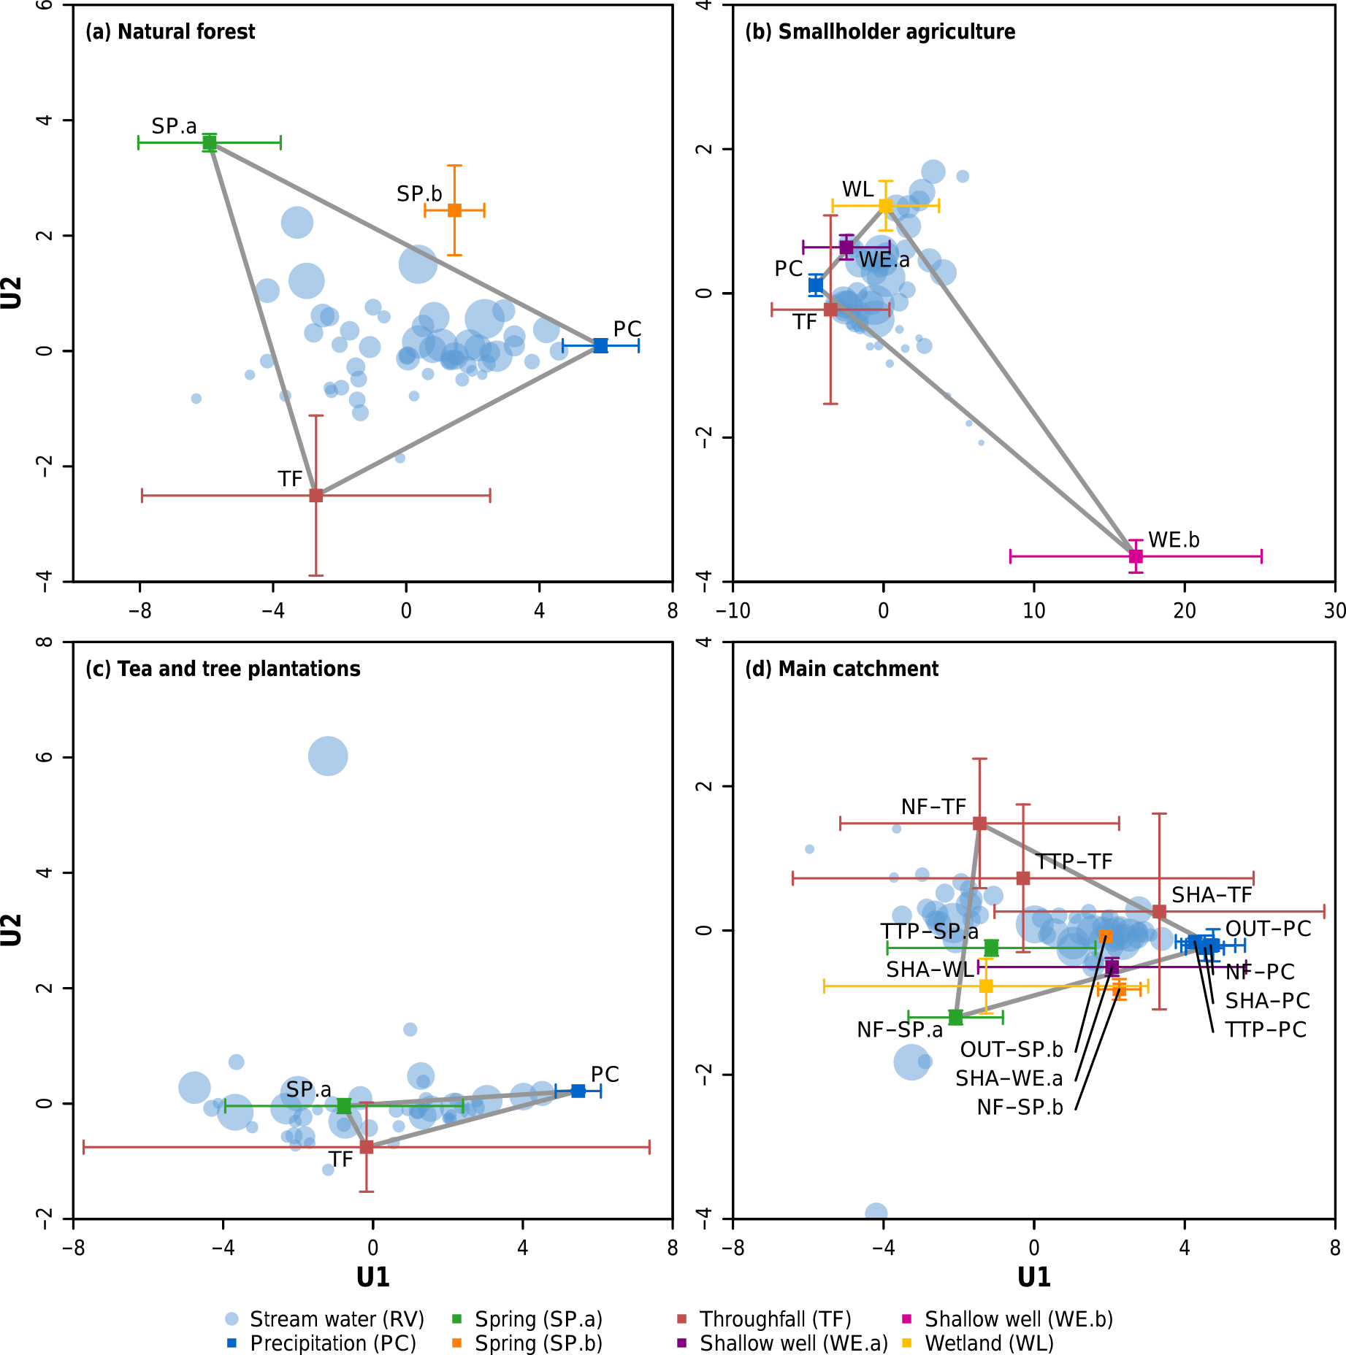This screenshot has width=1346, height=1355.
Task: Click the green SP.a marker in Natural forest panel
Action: pyautogui.click(x=210, y=143)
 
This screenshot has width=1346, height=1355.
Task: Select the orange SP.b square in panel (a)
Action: pyautogui.click(x=454, y=210)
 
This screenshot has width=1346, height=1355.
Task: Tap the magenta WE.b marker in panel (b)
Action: pyautogui.click(x=1136, y=556)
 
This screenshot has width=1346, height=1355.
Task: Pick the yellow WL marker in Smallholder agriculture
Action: pyautogui.click(x=886, y=206)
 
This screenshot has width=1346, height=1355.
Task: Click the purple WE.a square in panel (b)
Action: pyautogui.click(x=846, y=247)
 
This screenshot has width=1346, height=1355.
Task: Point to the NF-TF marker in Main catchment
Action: pyautogui.click(x=980, y=824)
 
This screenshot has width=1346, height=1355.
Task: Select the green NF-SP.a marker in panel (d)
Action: pyautogui.click(x=955, y=1016)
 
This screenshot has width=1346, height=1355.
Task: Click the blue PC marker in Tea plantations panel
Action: pyautogui.click(x=578, y=1091)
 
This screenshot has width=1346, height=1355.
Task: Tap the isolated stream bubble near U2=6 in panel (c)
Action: pyautogui.click(x=328, y=756)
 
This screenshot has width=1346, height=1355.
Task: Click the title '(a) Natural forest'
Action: pyautogui.click(x=170, y=32)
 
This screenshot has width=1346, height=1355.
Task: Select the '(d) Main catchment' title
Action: pyautogui.click(x=841, y=669)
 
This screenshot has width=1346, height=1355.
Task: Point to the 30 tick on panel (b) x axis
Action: pyautogui.click(x=1334, y=611)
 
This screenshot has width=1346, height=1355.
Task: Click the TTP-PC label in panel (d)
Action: pyautogui.click(x=1266, y=1030)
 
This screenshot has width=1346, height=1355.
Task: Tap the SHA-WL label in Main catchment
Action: pyautogui.click(x=930, y=970)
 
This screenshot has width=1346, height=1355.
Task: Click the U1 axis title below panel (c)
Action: pyautogui.click(x=373, y=1277)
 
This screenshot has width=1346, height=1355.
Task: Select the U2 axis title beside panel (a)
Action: pyautogui.click(x=12, y=293)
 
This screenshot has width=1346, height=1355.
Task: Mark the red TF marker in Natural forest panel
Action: pyautogui.click(x=316, y=496)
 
